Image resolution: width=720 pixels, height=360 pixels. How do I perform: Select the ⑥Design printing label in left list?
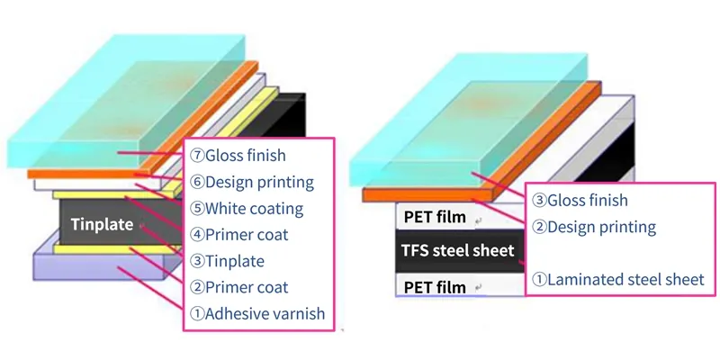(x=251, y=183)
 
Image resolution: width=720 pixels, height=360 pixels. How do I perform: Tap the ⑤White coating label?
(x=246, y=209)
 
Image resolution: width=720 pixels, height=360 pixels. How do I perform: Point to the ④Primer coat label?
(x=239, y=235)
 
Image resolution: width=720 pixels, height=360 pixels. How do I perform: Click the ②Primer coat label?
(x=239, y=288)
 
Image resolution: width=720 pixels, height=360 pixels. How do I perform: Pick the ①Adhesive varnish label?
(x=256, y=314)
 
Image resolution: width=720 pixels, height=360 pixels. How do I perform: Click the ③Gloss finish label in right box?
(x=580, y=200)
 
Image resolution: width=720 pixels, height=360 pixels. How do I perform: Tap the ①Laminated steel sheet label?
(x=617, y=279)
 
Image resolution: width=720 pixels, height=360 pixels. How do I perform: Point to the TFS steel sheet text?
(x=458, y=250)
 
